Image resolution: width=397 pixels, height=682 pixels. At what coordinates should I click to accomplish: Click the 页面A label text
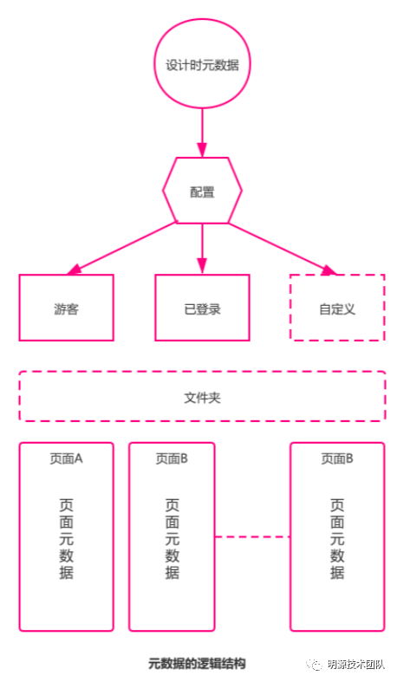click(66, 458)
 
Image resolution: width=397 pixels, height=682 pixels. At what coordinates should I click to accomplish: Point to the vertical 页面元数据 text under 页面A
click(66, 538)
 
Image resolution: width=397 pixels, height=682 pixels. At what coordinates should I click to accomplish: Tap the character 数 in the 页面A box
click(66, 555)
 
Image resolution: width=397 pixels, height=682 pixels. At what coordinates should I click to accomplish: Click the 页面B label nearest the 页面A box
click(172, 458)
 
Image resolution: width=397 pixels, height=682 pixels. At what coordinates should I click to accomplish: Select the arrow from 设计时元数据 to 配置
click(202, 133)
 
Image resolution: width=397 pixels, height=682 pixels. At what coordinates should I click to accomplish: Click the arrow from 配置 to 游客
click(121, 249)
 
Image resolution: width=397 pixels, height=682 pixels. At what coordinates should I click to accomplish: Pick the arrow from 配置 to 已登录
click(202, 249)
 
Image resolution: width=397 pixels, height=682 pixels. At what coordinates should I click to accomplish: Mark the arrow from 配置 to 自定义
click(283, 249)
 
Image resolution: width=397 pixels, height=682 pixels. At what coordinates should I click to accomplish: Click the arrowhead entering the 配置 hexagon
click(202, 150)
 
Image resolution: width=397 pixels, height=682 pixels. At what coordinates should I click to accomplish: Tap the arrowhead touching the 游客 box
click(74, 270)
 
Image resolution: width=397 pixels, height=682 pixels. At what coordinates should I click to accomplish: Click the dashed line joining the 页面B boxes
click(252, 536)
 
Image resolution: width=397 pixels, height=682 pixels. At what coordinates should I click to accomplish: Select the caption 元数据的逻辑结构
click(197, 664)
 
